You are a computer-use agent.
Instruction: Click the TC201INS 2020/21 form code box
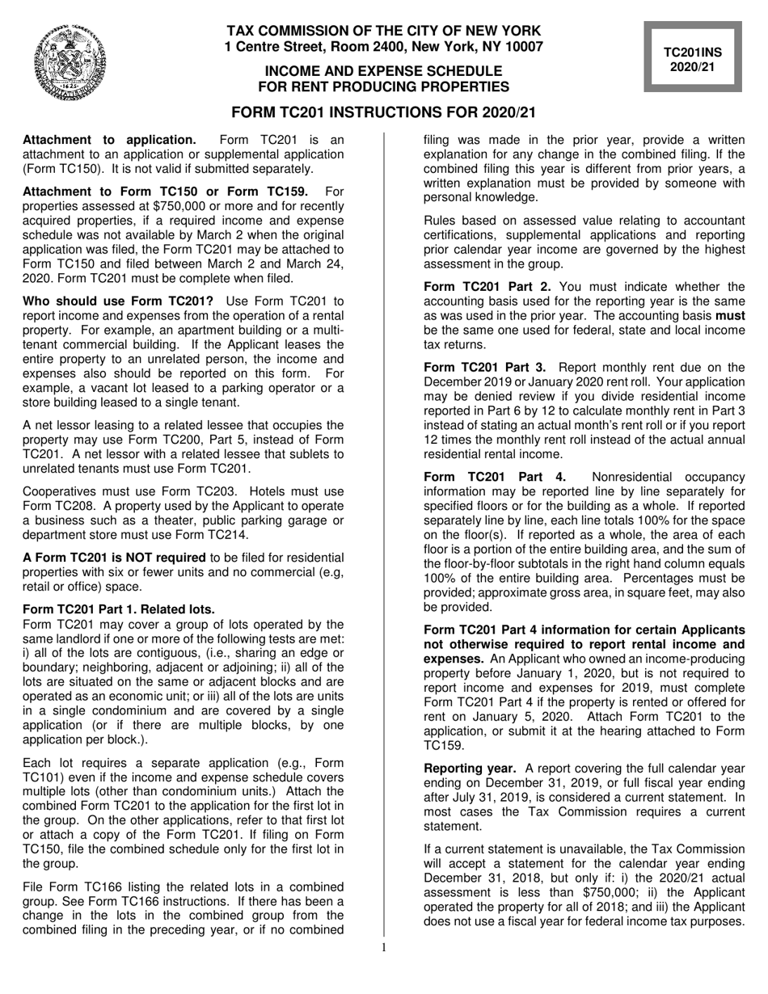pos(693,59)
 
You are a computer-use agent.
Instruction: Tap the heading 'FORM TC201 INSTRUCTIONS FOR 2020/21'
pos(383,113)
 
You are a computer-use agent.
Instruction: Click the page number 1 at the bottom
pos(384,947)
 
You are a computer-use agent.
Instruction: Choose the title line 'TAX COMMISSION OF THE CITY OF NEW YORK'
pos(383,31)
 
